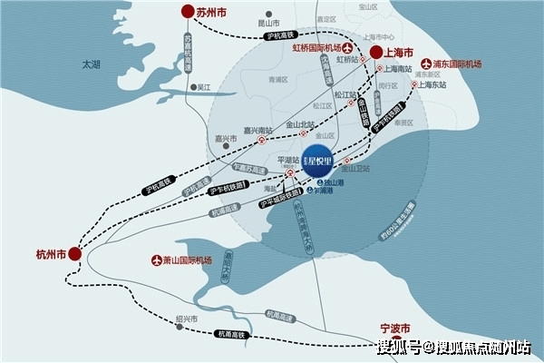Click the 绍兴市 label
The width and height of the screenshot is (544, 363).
click(x=185, y=319)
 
